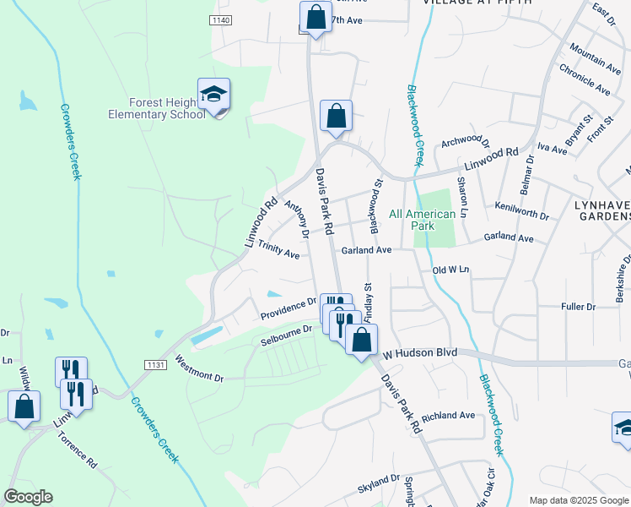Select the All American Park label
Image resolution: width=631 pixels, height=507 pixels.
point(423,220)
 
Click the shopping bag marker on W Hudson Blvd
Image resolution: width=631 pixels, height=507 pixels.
point(361,340)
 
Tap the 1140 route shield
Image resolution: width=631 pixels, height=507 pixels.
point(221,20)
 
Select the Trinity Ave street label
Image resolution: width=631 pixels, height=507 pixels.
point(278,249)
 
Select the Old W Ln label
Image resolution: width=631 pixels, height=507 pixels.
point(450,270)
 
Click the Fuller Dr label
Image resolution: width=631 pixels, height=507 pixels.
point(578,306)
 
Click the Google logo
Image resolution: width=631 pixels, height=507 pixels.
point(27,497)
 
